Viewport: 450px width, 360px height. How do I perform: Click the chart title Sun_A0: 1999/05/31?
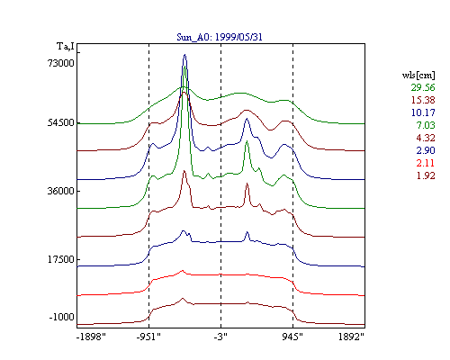tap(220, 37)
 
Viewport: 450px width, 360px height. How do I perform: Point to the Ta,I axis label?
tap(66, 47)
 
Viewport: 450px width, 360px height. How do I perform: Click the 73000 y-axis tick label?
tap(61, 63)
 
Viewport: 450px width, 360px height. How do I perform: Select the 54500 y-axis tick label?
tap(61, 122)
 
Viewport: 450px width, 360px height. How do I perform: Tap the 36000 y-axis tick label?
tap(61, 191)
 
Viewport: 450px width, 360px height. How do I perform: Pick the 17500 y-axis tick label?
tap(61, 259)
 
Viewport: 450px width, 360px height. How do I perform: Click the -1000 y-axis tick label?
tap(61, 317)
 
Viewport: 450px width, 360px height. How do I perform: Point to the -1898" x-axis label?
tap(91, 337)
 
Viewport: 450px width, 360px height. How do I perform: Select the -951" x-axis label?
tap(148, 337)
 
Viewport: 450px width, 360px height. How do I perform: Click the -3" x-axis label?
tap(220, 337)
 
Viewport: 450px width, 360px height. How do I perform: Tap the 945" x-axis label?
tap(292, 337)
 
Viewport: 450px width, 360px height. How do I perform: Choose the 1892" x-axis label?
tap(351, 337)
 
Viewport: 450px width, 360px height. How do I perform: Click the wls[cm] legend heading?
tap(418, 75)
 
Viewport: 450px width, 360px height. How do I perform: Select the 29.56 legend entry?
tap(423, 87)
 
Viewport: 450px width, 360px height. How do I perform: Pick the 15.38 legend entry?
tap(423, 100)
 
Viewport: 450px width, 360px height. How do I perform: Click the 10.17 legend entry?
tap(423, 112)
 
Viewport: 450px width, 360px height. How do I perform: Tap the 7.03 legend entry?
tap(426, 125)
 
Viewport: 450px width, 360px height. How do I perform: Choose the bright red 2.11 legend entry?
tap(426, 163)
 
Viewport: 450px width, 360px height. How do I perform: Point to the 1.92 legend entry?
tap(426, 175)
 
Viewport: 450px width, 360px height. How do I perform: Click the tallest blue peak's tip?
tap(184, 55)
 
